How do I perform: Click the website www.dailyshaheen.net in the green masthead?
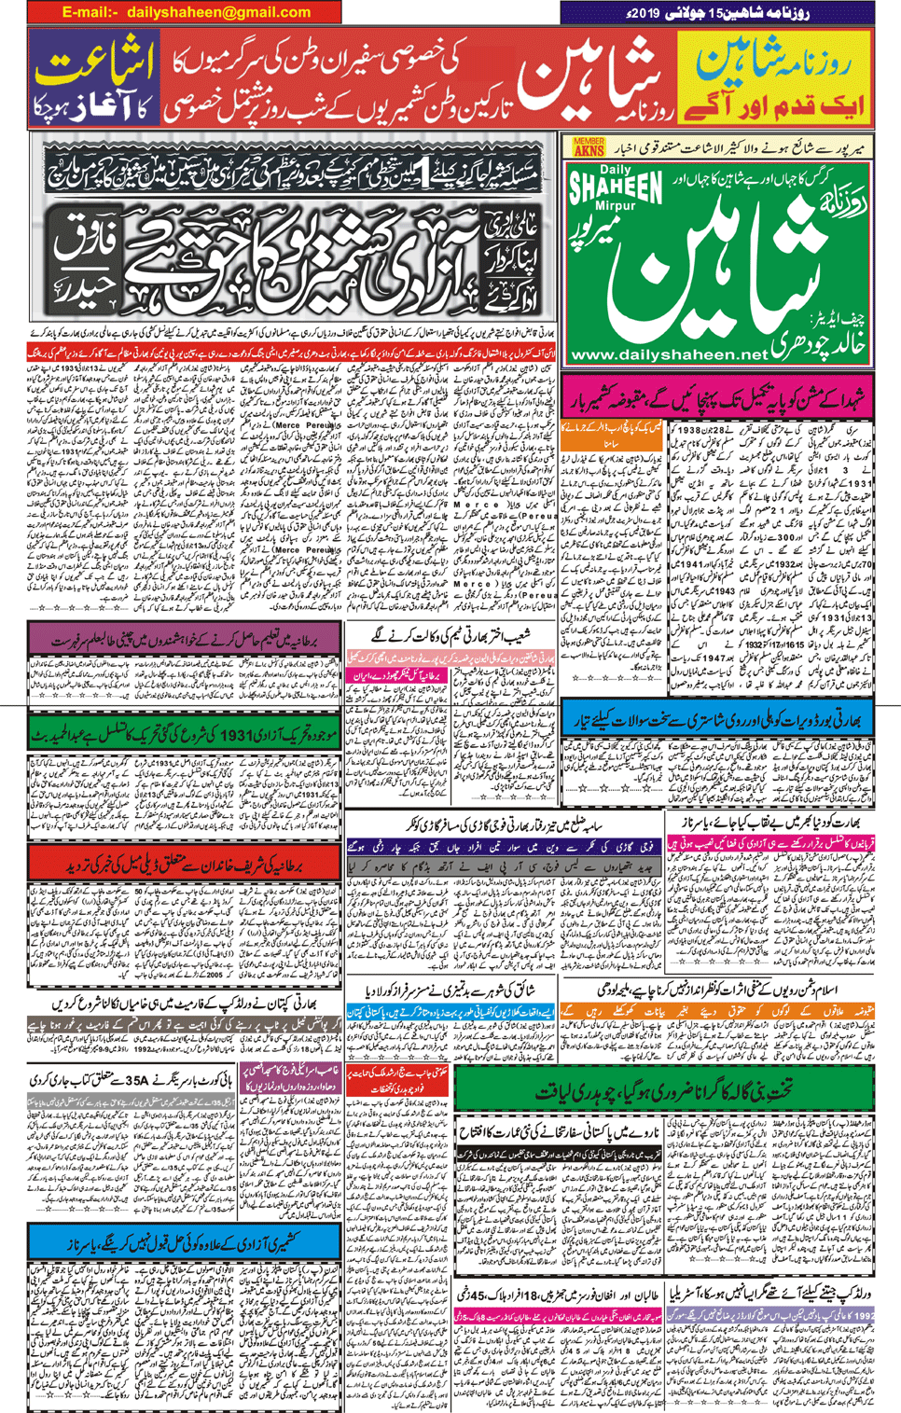coord(668,354)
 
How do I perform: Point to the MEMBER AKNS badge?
coord(589,146)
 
